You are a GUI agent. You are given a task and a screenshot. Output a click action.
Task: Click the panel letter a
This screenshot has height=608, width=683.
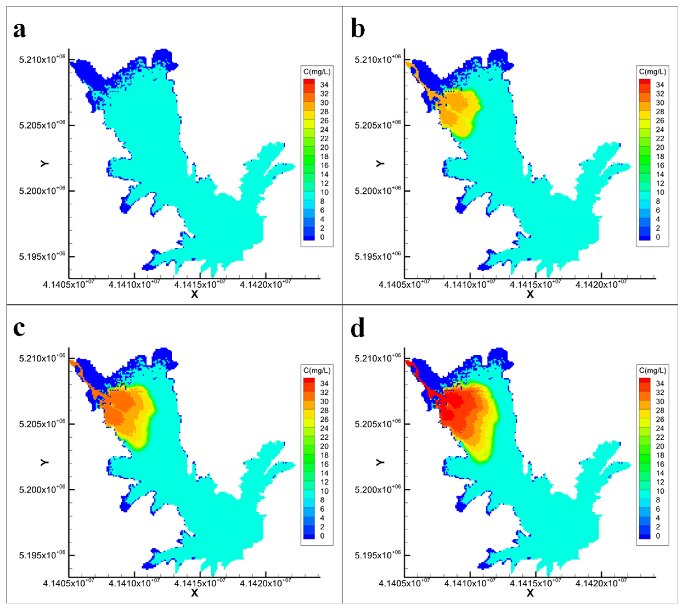[x=19, y=29]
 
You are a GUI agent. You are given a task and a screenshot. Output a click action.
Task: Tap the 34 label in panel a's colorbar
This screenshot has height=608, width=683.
[x=324, y=85]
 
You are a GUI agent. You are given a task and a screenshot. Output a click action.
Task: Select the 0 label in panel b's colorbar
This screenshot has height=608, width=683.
[x=658, y=237]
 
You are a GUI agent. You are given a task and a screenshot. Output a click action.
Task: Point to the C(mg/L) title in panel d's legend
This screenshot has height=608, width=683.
[x=652, y=370]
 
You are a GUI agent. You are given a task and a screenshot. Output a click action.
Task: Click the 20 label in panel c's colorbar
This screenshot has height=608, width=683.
[x=324, y=446]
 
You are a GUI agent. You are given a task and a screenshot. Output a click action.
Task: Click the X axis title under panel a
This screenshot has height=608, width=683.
[x=194, y=294]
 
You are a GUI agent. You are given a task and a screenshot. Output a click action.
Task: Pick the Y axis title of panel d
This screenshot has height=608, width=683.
[x=380, y=462]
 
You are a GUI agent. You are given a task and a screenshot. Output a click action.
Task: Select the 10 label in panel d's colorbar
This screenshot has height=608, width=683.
[x=660, y=491]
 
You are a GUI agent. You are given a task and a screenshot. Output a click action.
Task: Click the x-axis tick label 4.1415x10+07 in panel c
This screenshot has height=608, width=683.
[x=200, y=583]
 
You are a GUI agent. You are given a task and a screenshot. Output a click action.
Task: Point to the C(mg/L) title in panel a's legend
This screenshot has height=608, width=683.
[x=317, y=71]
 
